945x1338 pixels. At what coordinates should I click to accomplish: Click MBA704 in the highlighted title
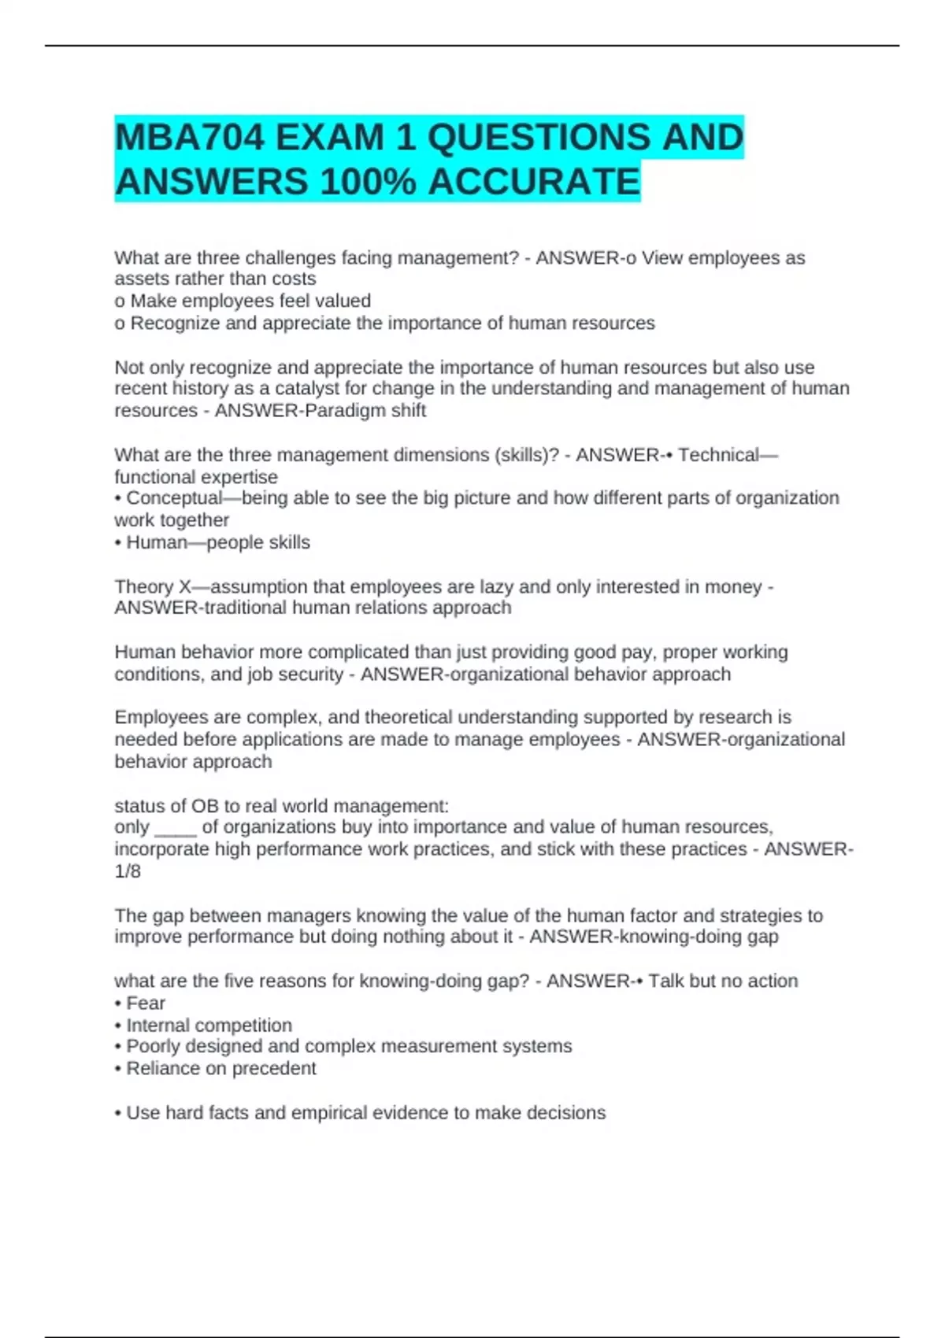click(189, 138)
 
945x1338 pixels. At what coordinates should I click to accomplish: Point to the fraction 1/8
click(128, 871)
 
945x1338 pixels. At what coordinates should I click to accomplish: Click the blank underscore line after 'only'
click(176, 829)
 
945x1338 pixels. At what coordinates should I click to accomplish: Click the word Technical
click(718, 455)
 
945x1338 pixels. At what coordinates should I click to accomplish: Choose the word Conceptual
click(174, 498)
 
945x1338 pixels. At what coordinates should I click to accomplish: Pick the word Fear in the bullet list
click(146, 1004)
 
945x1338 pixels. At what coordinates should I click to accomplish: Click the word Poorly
click(154, 1047)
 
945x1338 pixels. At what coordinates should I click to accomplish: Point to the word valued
click(343, 301)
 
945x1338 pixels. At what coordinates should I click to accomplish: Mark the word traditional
click(244, 608)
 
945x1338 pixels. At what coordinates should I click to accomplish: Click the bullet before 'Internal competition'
click(118, 1026)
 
